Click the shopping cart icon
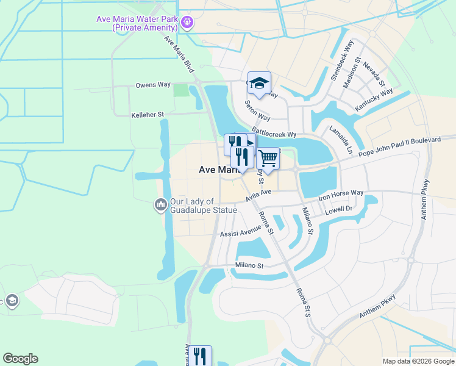tap(268, 159)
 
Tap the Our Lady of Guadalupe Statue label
tap(204, 206)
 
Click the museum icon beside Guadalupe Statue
tap(161, 204)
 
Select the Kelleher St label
tap(148, 114)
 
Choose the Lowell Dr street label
tap(339, 210)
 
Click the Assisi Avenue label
tap(241, 232)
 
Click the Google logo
tap(20, 359)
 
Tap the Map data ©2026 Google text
tap(418, 361)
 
